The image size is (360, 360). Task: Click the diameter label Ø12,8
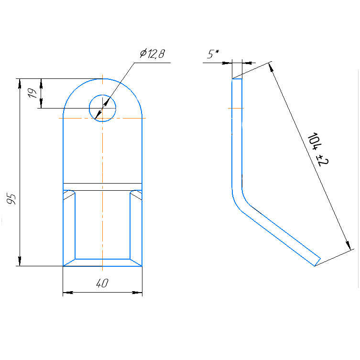[152, 54]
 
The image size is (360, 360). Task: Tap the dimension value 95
[11, 199]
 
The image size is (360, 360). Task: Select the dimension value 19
[32, 93]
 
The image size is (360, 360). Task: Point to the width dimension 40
[102, 283]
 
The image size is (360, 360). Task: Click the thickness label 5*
[213, 54]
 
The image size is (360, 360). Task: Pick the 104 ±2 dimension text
[318, 150]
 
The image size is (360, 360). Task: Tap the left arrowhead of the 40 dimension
[68, 293]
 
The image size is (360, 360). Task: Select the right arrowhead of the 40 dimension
[137, 293]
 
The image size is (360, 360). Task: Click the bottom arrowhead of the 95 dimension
[20, 261]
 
